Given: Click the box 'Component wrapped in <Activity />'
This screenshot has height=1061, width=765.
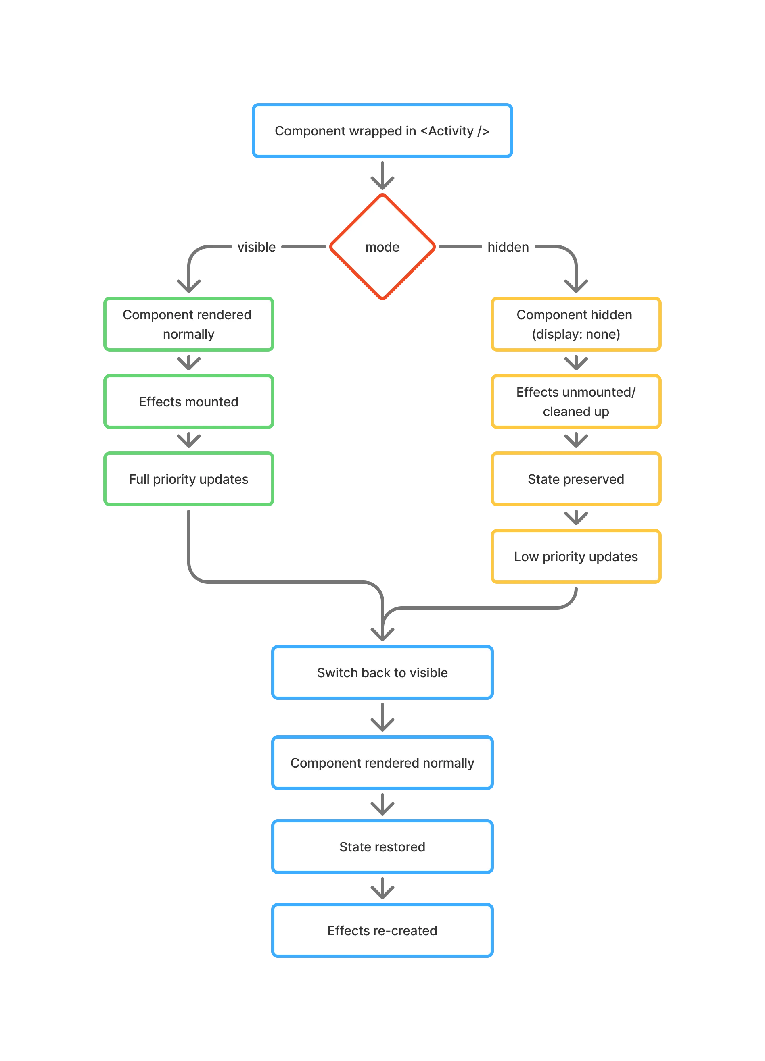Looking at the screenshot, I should [382, 131].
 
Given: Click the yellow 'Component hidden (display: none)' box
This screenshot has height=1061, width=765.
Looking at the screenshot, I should [575, 324].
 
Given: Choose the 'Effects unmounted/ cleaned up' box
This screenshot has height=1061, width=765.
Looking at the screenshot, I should [575, 402].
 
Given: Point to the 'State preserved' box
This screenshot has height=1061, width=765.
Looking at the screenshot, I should [575, 479].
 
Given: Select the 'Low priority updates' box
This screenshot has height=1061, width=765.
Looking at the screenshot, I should [575, 556].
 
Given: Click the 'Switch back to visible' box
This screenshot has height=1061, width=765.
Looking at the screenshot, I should [382, 672].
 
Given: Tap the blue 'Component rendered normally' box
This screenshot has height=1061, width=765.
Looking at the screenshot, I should [382, 763].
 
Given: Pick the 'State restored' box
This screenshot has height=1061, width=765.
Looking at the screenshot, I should [382, 846].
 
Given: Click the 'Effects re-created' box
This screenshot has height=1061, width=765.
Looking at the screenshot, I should [382, 930].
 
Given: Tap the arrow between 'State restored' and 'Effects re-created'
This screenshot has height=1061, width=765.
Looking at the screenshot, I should [382, 889].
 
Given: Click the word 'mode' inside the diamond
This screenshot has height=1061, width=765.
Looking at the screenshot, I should [382, 247].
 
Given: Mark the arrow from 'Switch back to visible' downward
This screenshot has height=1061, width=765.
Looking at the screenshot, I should [382, 718].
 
